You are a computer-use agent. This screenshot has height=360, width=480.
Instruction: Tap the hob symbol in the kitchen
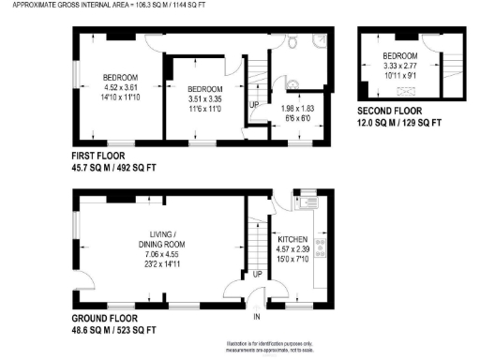click(x=321, y=247)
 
